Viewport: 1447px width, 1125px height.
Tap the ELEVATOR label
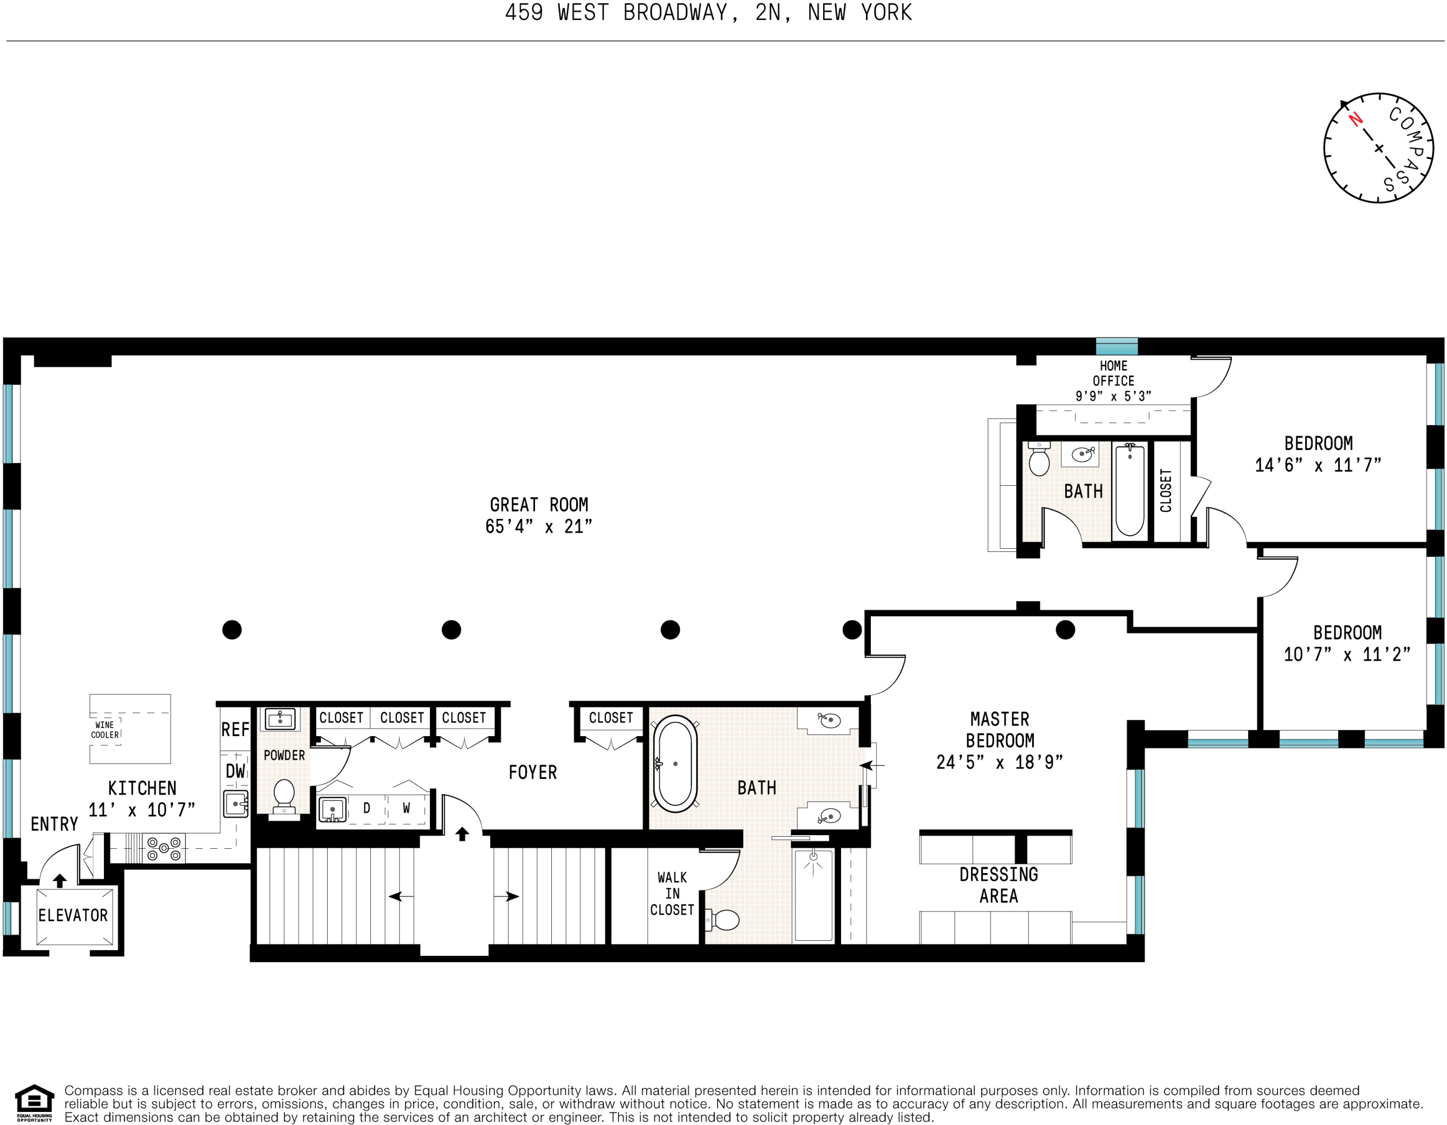(73, 915)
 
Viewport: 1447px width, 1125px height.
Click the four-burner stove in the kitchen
(164, 849)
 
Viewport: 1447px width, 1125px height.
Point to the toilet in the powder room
(284, 795)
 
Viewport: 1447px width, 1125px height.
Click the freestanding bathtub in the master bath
(675, 763)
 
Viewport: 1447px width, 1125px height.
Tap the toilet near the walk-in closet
(723, 920)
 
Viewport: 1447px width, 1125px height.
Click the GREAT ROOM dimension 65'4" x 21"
(539, 526)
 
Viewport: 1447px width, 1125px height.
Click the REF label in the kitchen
(235, 730)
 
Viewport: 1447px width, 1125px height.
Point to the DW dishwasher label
(235, 771)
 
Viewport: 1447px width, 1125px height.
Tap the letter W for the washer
(406, 808)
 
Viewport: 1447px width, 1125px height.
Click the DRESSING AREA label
(999, 885)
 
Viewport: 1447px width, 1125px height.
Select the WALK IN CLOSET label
(672, 894)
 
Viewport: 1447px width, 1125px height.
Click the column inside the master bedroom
(1065, 629)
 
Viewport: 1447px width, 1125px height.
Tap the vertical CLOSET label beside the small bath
(1166, 490)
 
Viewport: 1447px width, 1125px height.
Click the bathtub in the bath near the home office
(1130, 490)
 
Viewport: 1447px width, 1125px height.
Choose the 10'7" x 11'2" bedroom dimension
(1347, 655)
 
